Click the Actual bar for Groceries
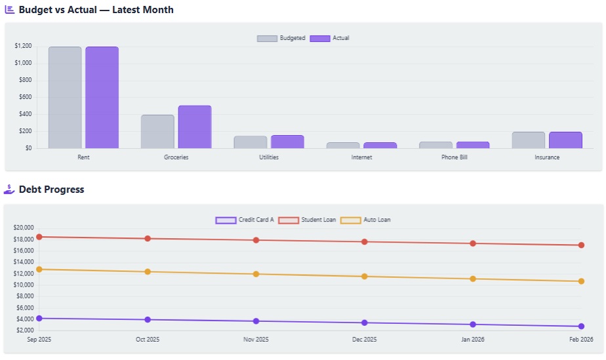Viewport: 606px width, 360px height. click(195, 127)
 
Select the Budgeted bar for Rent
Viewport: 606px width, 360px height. click(65, 97)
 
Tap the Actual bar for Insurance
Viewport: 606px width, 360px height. click(565, 140)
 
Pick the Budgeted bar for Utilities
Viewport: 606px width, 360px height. click(251, 142)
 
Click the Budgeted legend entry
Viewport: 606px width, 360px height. click(281, 38)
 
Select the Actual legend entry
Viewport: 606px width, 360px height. click(329, 38)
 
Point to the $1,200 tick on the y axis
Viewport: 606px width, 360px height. click(23, 46)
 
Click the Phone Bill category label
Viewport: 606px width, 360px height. click(455, 157)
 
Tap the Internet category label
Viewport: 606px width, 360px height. click(361, 157)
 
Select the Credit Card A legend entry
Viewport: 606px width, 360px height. click(245, 220)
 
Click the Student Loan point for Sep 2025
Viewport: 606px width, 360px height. click(39, 237)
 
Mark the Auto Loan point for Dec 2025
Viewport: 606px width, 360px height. click(365, 276)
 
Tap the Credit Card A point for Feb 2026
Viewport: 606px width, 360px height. click(581, 326)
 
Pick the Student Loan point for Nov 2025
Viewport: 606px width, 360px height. click(256, 240)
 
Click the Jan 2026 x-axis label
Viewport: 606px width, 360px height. click(473, 340)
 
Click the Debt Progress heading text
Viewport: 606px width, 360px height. click(51, 190)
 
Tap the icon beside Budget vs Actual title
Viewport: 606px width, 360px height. click(9, 10)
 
